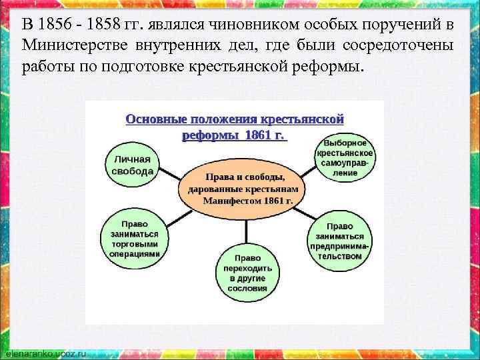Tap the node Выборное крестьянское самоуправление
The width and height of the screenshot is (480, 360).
(345, 158)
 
